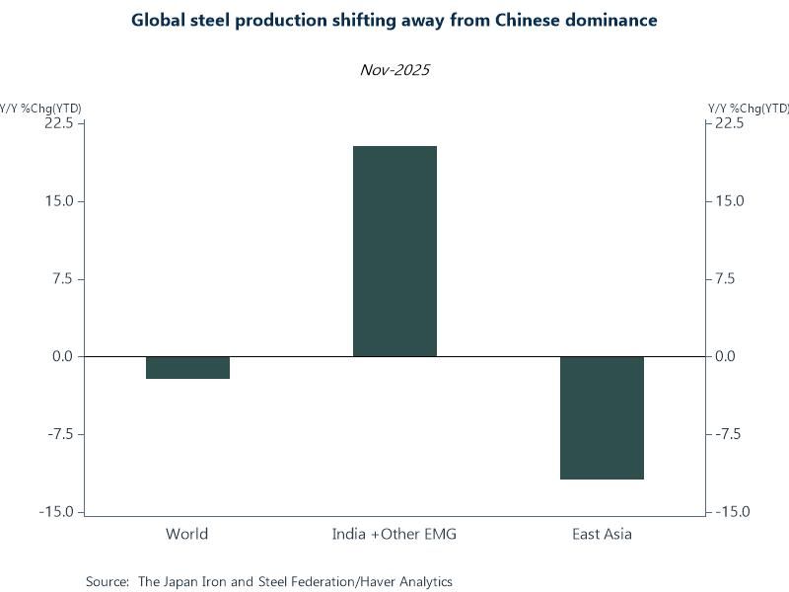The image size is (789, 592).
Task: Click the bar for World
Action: coord(187,367)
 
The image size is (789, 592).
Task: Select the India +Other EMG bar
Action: coord(394,251)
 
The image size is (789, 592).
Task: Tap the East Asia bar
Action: coord(602,417)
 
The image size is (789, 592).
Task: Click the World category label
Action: coord(187,535)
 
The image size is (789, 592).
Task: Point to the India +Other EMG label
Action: coord(394,535)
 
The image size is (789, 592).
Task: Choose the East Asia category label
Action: coord(602,535)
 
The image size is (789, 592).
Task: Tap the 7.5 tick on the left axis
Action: coord(60,279)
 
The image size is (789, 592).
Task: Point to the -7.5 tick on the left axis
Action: coord(58,434)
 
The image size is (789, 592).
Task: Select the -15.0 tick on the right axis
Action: coord(731,512)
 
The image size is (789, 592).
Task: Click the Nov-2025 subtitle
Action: coord(394,70)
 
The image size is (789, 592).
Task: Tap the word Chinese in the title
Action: coord(518,21)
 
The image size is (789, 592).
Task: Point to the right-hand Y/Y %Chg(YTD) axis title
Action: coord(749,108)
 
